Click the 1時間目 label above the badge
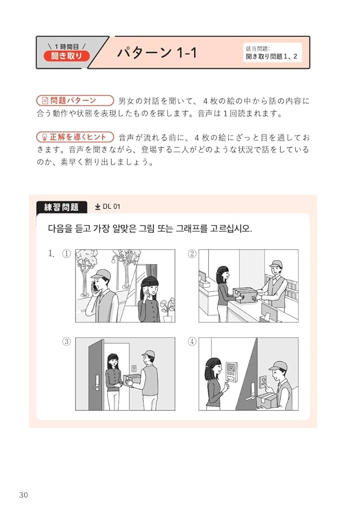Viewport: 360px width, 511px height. coord(66,46)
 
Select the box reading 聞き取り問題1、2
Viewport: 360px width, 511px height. coord(272,53)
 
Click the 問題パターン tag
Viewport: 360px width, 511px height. coord(75,101)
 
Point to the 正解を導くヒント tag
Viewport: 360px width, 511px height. coord(75,137)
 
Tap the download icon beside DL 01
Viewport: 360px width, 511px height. coord(98,207)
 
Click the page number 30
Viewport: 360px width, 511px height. coord(23,495)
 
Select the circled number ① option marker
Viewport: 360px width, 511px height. coord(66,254)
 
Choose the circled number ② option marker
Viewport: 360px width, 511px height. coord(192,254)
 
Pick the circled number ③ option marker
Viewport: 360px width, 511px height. coord(66,342)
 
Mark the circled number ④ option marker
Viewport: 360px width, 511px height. coord(192,342)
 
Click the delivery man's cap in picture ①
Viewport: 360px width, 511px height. coord(102,273)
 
